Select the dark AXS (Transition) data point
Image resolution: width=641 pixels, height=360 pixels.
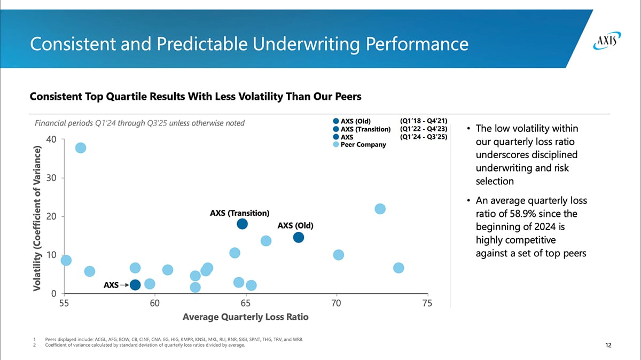point(243,224)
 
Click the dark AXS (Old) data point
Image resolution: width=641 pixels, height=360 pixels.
point(299,237)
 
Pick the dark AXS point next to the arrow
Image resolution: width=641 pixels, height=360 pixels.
point(135,285)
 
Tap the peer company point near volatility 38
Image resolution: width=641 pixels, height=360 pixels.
point(81,148)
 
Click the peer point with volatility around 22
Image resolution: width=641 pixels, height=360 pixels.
point(380,209)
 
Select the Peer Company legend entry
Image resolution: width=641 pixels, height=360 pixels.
point(363,145)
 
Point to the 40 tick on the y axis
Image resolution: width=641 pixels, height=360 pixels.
point(52,139)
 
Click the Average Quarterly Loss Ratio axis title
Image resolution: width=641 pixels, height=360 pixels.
point(245,317)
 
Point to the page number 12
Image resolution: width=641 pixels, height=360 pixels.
point(608,345)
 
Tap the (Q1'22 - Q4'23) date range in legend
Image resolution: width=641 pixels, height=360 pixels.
point(423,129)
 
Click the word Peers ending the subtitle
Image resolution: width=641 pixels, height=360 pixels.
point(348,97)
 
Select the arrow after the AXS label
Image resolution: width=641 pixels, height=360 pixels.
point(124,285)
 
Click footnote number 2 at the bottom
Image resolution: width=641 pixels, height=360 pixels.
point(34,345)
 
